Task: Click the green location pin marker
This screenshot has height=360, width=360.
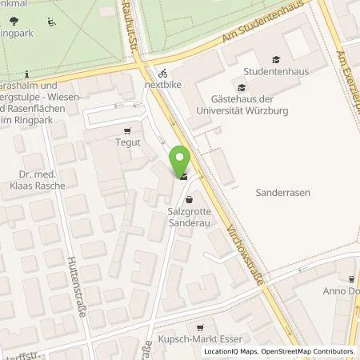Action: [x=182, y=161]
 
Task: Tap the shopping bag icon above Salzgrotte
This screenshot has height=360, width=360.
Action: [x=189, y=200]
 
